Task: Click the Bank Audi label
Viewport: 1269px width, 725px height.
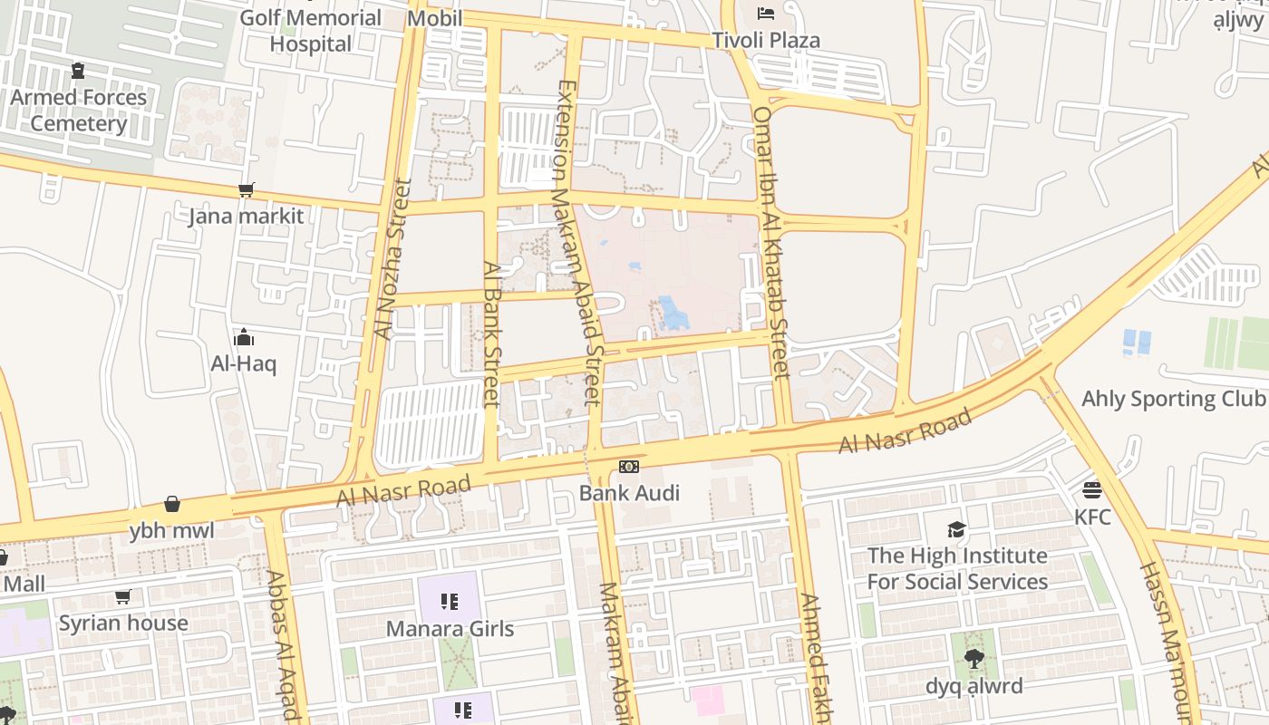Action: coord(629,493)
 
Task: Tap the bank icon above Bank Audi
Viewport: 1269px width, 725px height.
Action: coord(629,467)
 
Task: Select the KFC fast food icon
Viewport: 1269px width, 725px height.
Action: coord(1092,490)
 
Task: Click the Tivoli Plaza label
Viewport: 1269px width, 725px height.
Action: coord(766,40)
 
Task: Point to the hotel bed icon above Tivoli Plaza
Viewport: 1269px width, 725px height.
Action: coord(766,14)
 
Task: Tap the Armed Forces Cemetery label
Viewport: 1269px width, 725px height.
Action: coord(79,110)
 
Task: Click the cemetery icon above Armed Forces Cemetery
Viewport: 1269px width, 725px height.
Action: coord(78,70)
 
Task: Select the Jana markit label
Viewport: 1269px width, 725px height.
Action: coord(246,217)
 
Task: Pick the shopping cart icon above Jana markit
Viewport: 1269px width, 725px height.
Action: coord(246,189)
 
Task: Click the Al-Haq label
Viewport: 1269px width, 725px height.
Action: coord(244,364)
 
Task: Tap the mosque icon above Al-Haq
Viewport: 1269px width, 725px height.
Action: coord(244,338)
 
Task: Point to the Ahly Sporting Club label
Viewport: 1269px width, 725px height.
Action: coord(1173,399)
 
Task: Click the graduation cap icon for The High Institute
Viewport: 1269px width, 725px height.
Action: coord(956,529)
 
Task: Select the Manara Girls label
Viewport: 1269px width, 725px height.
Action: coord(450,628)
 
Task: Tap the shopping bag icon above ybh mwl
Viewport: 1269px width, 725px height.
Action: coord(172,504)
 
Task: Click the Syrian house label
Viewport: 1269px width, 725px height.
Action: coord(123,623)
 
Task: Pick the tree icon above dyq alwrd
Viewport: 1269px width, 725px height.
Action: coord(974,659)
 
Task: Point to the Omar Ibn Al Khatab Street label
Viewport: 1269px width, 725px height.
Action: coord(772,242)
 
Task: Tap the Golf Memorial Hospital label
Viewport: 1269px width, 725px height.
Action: coord(310,30)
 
